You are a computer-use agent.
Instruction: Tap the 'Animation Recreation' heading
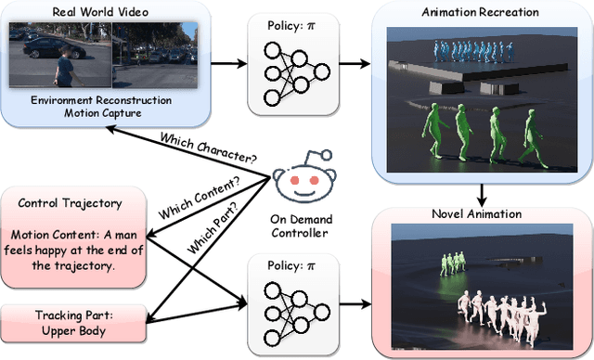point(481,12)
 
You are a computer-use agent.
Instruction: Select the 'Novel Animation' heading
point(481,214)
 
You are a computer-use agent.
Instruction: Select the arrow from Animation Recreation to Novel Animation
point(481,192)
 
